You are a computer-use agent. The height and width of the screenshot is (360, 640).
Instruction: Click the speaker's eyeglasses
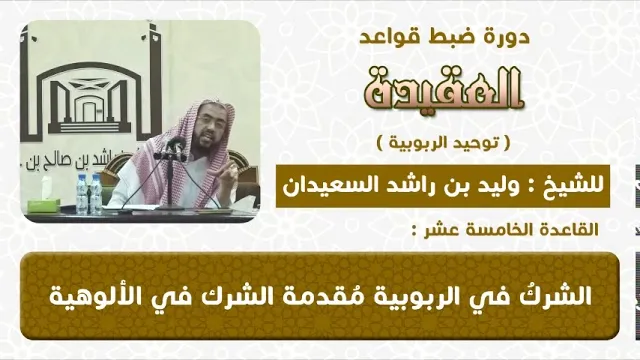tap(207, 121)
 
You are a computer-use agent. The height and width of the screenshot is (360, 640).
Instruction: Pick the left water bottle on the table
tap(82, 195)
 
